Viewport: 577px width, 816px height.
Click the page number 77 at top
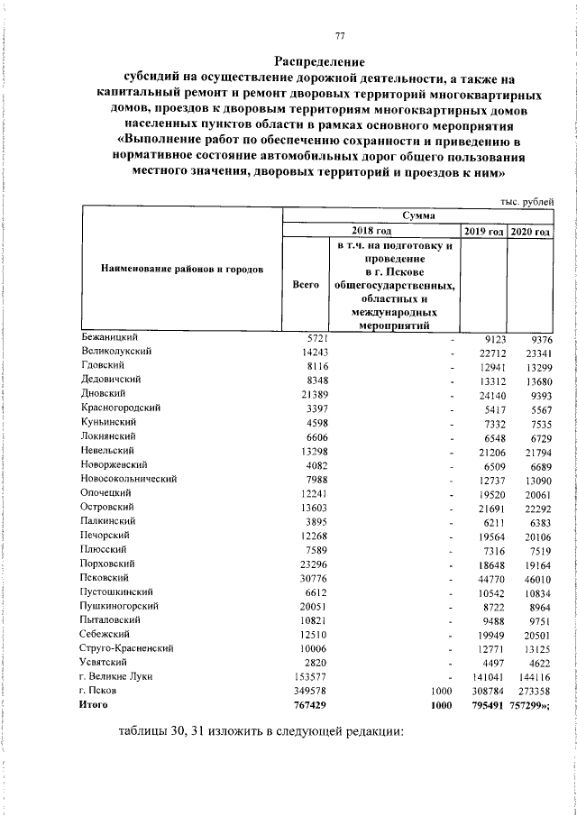click(x=340, y=36)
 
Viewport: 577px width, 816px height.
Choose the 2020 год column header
click(x=530, y=232)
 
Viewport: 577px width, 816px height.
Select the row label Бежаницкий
click(x=107, y=337)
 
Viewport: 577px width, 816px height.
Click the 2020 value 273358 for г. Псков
click(x=530, y=691)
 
